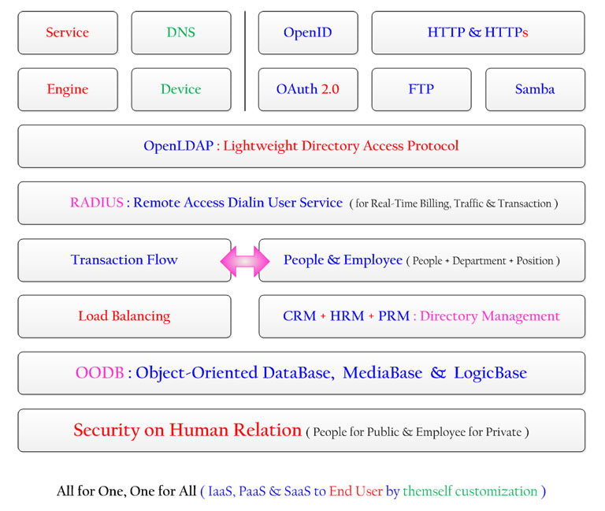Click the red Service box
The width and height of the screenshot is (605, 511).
pyautogui.click(x=68, y=33)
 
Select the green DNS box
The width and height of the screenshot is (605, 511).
pyautogui.click(x=181, y=33)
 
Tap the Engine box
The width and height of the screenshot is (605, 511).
pyautogui.click(x=68, y=90)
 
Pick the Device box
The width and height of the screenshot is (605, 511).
pyautogui.click(x=181, y=90)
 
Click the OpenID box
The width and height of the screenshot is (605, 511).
pyautogui.click(x=308, y=33)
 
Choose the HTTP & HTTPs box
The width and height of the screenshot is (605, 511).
pyautogui.click(x=478, y=33)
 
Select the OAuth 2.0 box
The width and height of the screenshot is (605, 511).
pyautogui.click(x=308, y=90)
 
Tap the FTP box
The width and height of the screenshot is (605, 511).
pyautogui.click(x=421, y=90)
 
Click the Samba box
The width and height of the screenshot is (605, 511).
pyautogui.click(x=536, y=90)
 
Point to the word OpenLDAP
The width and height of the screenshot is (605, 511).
pyautogui.click(x=178, y=146)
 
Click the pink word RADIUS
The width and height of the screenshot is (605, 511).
pyautogui.click(x=97, y=203)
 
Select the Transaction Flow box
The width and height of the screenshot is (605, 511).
pyautogui.click(x=124, y=260)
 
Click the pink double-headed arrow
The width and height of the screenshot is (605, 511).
pyautogui.click(x=245, y=262)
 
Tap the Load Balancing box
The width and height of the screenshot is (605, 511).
pyautogui.click(x=124, y=317)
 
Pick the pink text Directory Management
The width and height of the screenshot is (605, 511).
pyautogui.click(x=490, y=316)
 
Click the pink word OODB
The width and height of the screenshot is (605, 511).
pyautogui.click(x=100, y=373)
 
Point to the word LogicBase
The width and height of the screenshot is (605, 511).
pyautogui.click(x=491, y=373)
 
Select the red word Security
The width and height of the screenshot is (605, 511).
pyautogui.click(x=106, y=431)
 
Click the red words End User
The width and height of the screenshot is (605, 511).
pyautogui.click(x=356, y=491)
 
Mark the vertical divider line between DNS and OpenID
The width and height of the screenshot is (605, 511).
pyautogui.click(x=245, y=61)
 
